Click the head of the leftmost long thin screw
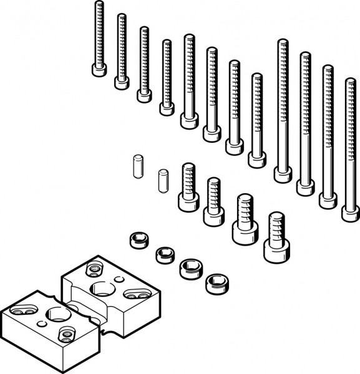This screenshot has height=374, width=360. click(99, 69)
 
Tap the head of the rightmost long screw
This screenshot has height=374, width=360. click(351, 213)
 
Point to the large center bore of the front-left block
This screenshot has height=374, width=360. click(57, 314)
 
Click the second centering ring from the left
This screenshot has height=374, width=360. click(164, 254)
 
